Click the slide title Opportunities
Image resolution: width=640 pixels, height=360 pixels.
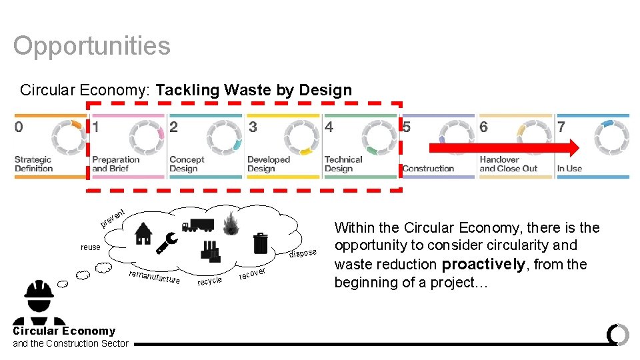coord(92,46)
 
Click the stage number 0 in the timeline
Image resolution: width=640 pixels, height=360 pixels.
coord(19,127)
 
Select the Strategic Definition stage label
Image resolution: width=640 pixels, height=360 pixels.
coord(33,164)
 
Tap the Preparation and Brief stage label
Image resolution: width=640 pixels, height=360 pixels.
coord(116,164)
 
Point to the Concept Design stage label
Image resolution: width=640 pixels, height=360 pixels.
coord(187,164)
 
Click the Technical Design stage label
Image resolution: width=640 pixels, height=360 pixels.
coord(343,164)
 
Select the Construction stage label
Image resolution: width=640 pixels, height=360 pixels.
coord(428,169)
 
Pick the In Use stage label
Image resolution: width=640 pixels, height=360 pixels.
coord(569,169)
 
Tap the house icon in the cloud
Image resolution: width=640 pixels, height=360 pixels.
coord(143,233)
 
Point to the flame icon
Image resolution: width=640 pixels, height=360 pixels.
coord(231,224)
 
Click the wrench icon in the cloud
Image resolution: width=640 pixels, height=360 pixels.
coord(166,245)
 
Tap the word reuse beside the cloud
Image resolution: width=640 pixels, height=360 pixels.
coord(91,247)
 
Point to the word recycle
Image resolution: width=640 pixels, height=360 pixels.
coord(209,281)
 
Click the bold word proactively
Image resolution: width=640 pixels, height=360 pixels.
coord(483,264)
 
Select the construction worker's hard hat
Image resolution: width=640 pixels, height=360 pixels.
coord(39,289)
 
